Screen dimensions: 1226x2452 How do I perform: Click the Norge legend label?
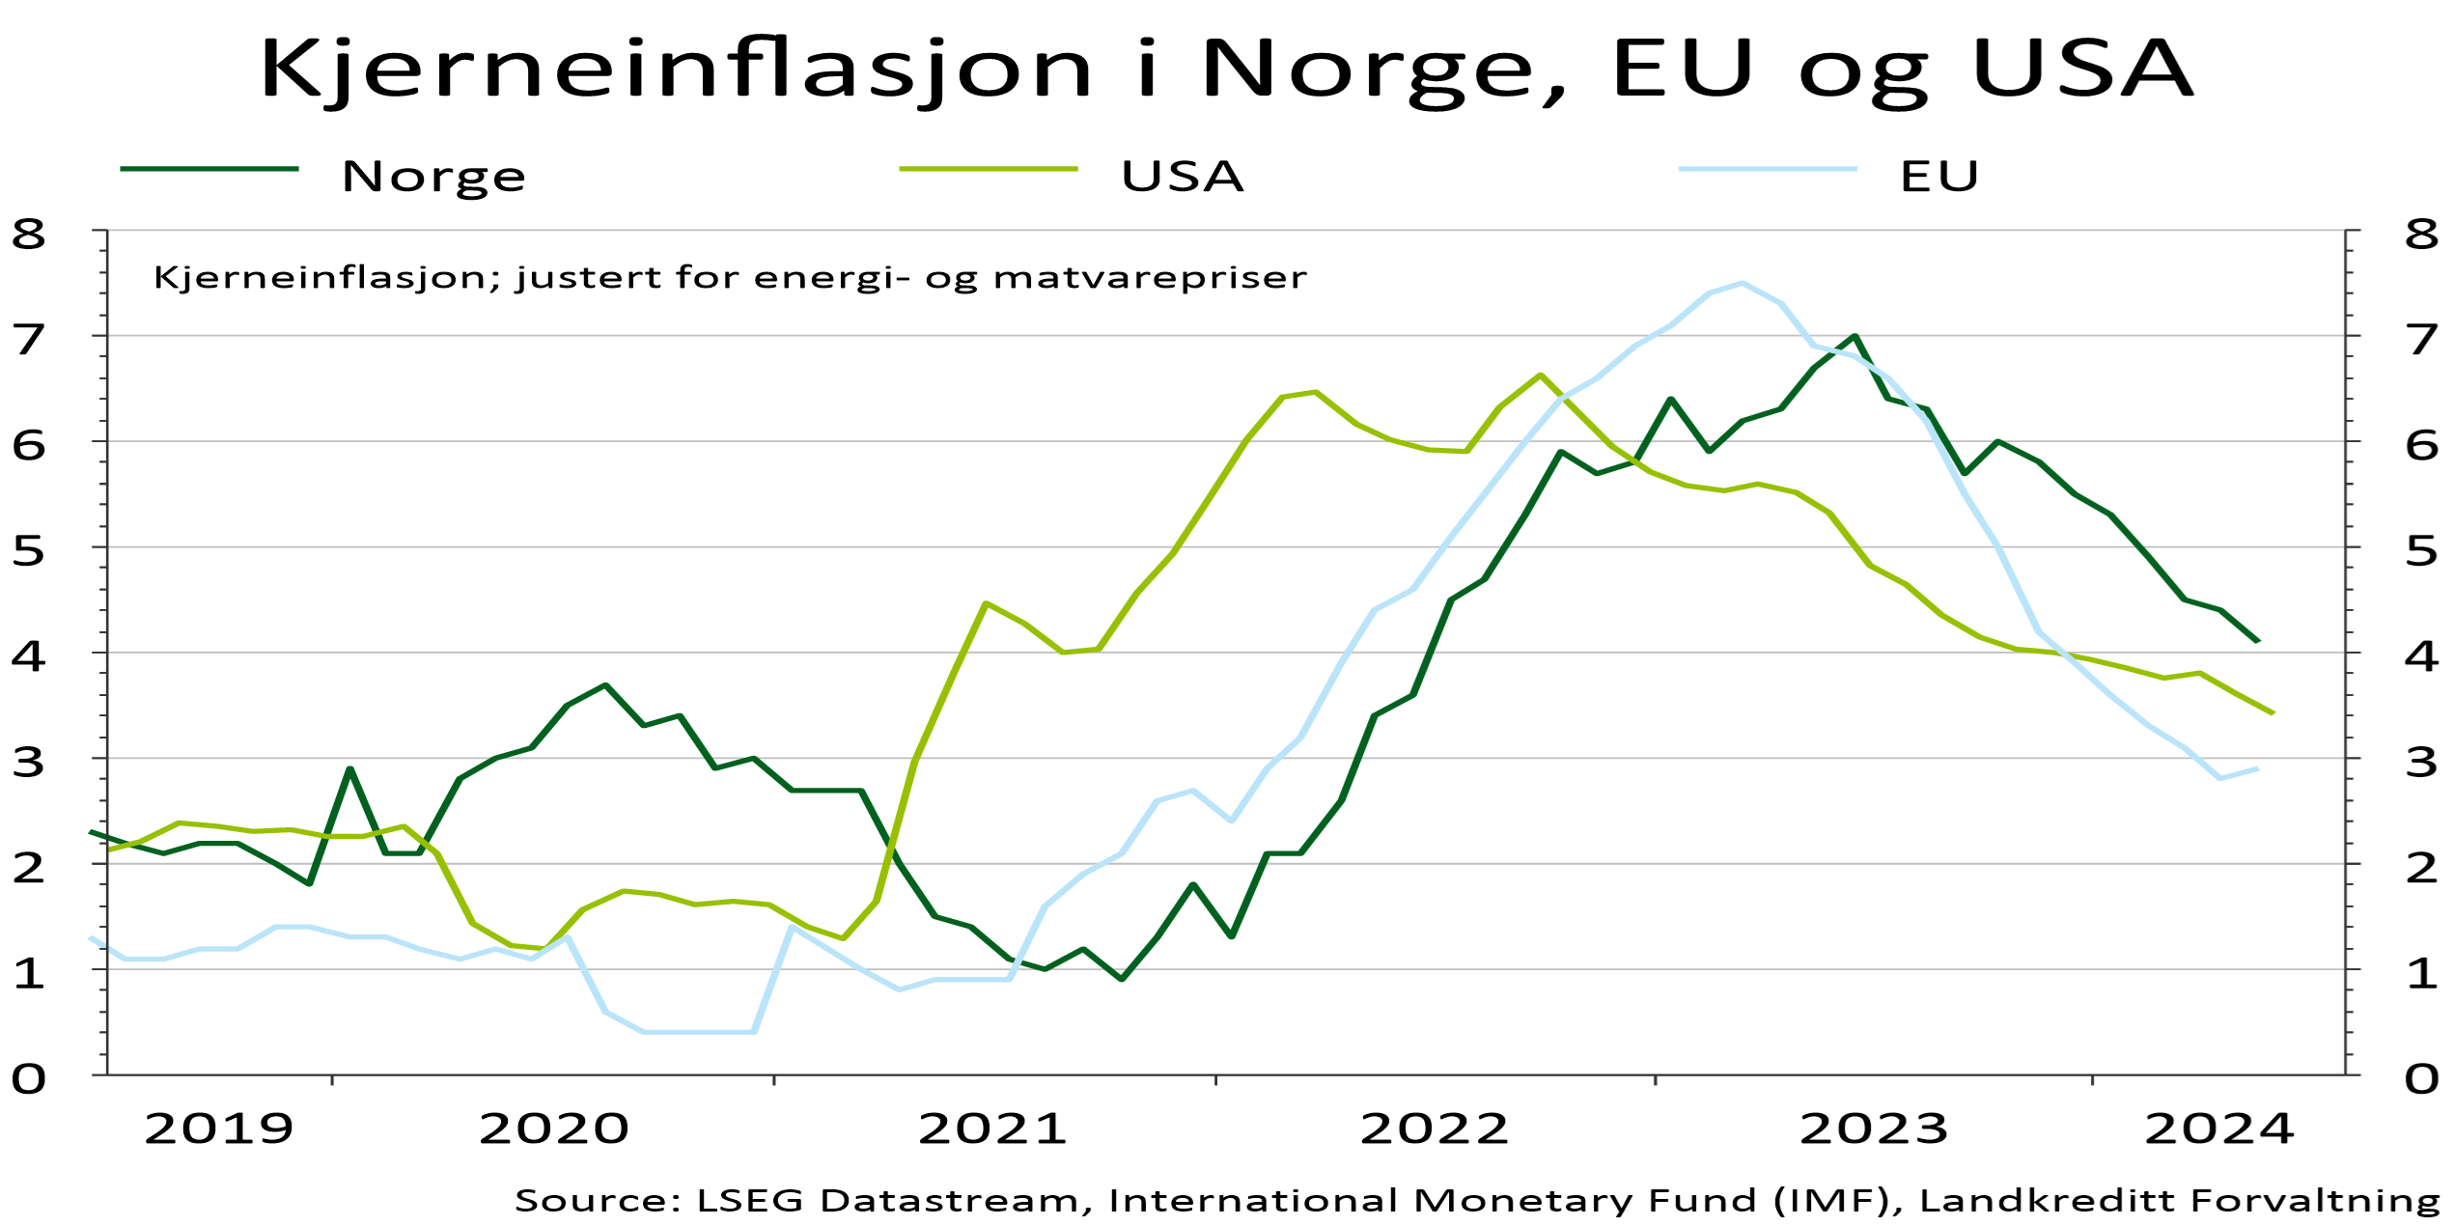coord(433,177)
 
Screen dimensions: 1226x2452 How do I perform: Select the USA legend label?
coord(1182,177)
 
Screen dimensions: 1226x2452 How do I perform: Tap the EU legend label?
coord(1939,177)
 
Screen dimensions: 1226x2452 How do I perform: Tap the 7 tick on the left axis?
coord(28,340)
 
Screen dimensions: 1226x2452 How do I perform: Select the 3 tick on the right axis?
coord(2422,763)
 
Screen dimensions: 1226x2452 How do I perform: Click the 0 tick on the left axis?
coord(28,1079)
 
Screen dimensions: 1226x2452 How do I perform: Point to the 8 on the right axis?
coord(2422,235)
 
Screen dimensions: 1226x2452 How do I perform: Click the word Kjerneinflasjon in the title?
coord(676,70)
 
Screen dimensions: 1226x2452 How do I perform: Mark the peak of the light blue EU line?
coord(1741,284)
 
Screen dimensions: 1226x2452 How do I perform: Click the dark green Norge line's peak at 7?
coord(1854,336)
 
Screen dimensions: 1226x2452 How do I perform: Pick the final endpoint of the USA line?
coord(2273,713)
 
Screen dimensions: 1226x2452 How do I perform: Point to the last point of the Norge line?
coord(2258,641)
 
